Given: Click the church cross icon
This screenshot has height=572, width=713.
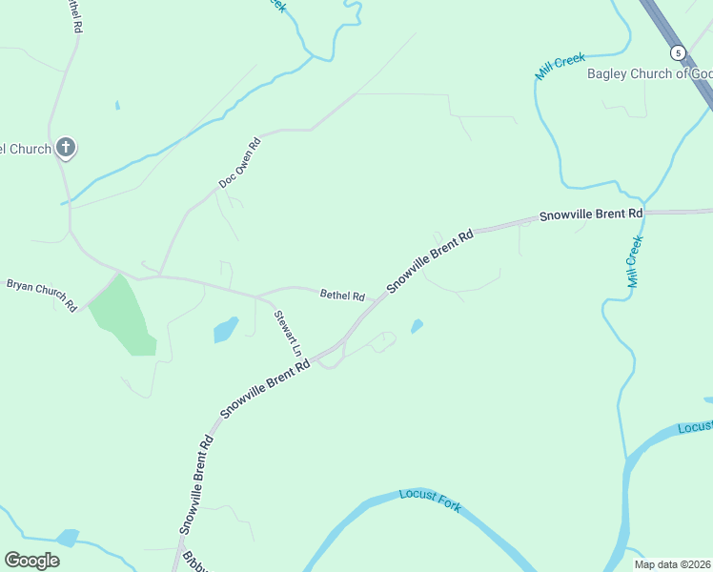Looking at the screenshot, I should click(x=66, y=147).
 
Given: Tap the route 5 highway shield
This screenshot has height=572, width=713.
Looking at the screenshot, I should click(x=678, y=52).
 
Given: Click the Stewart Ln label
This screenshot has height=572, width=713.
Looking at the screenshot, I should click(x=287, y=333).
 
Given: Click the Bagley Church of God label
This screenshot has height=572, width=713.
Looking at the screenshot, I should click(x=649, y=73).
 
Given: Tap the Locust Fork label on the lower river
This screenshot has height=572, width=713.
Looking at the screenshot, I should click(x=430, y=500).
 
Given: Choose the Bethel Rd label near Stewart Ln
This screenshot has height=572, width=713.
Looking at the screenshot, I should click(x=342, y=296).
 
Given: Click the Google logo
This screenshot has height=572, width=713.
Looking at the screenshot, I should click(x=31, y=561).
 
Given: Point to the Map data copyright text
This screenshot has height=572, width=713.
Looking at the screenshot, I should click(x=673, y=564).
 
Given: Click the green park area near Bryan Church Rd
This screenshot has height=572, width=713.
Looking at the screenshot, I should click(x=124, y=317).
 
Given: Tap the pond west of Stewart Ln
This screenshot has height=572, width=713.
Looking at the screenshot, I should click(x=226, y=330).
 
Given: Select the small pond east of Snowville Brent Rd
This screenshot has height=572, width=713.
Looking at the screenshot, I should click(x=417, y=327).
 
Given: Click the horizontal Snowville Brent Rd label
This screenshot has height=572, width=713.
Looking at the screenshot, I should click(x=591, y=215).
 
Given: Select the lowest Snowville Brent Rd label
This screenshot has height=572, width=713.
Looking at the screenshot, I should click(x=194, y=484).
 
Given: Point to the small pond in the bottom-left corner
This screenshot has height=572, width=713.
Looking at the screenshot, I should click(x=67, y=538).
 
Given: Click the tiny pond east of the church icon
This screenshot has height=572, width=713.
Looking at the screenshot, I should click(x=116, y=105).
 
